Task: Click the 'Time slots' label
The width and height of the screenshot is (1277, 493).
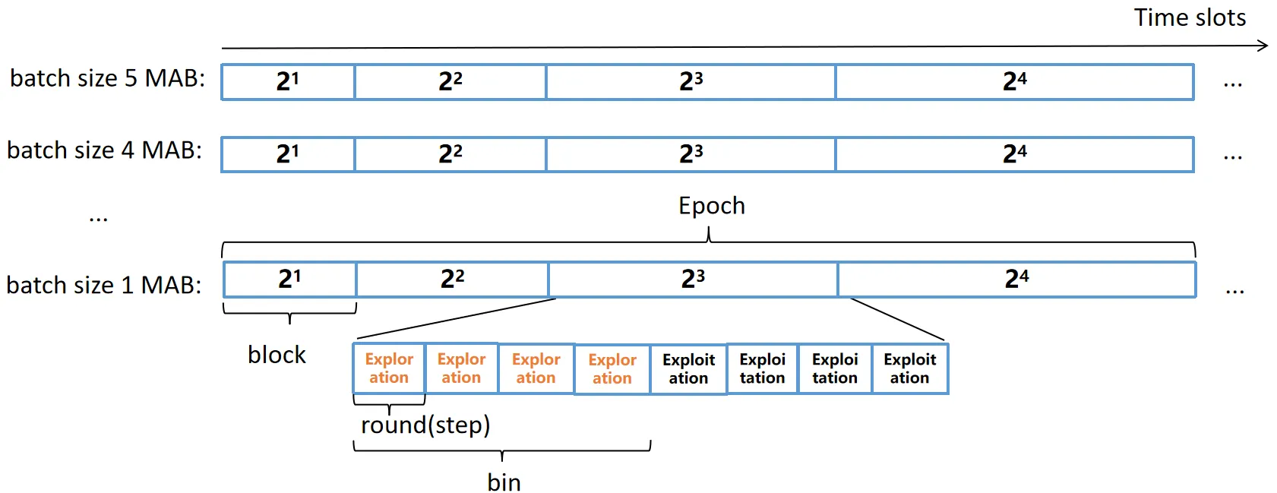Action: pos(1190,17)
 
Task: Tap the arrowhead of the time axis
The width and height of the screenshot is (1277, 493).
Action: pos(1263,46)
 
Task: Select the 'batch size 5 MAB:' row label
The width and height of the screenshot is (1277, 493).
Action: pos(107,78)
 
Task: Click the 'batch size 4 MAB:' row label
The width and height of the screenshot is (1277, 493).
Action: pos(104,150)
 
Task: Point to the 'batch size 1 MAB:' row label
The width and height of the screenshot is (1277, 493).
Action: pos(104,285)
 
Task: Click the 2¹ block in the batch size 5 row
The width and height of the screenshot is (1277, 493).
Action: pos(288,82)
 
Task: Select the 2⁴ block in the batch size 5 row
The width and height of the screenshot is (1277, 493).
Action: pos(1015,82)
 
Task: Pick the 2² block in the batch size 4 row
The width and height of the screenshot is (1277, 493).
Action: pos(450,154)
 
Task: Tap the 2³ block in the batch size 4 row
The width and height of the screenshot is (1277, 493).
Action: pos(691,154)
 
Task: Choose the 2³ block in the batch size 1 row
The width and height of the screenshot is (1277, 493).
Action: pos(694,280)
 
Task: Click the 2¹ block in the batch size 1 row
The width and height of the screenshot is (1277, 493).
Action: pos(290,280)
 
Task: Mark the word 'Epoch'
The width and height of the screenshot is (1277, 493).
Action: pos(712,206)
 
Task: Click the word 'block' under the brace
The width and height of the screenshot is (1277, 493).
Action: pos(277,355)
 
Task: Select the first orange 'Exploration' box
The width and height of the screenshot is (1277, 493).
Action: pos(390,368)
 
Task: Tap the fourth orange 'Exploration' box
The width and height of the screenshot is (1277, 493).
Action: pos(612,368)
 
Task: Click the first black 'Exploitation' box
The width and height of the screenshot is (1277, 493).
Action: pos(689,368)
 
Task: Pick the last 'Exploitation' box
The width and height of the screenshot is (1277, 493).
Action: pos(910,368)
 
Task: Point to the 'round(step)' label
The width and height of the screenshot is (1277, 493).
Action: pos(425,425)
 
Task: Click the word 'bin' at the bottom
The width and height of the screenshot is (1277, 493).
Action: pos(504,482)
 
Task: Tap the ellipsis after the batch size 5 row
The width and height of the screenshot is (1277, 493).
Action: pos(1232,86)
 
